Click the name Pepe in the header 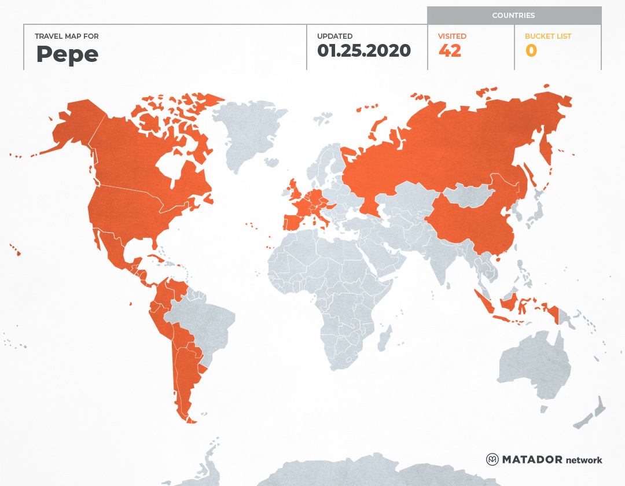pyautogui.click(x=67, y=54)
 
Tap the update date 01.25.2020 pyautogui.click(x=363, y=51)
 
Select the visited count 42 pyautogui.click(x=450, y=51)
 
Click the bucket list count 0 pyautogui.click(x=531, y=51)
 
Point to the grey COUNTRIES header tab pyautogui.click(x=514, y=16)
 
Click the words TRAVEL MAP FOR pyautogui.click(x=67, y=36)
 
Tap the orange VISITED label pyautogui.click(x=452, y=36)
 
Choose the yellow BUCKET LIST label pyautogui.click(x=548, y=36)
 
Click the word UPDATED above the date pyautogui.click(x=334, y=36)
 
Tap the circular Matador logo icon pyautogui.click(x=492, y=459)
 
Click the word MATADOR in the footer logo pyautogui.click(x=532, y=459)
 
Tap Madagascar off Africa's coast pyautogui.click(x=384, y=338)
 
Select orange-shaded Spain pyautogui.click(x=293, y=221)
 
